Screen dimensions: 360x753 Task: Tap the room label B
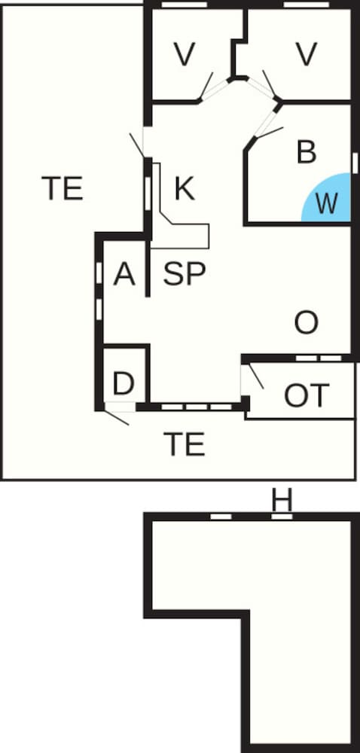pos(307,152)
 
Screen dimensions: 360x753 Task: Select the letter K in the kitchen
pos(185,189)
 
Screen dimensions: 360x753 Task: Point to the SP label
pos(185,274)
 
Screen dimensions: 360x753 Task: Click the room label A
pos(124,275)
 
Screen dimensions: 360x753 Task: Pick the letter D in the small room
pos(124,383)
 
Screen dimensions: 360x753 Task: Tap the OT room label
pos(307,395)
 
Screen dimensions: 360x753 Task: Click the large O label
pos(307,323)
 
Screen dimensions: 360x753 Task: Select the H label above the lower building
pos(282,501)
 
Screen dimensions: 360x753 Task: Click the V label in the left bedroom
pos(185,54)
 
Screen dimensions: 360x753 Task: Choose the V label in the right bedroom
pos(307,54)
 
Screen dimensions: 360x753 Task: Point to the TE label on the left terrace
pos(63,188)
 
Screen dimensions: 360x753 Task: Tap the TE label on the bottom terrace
pos(185,444)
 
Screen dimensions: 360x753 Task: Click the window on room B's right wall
pos(355,163)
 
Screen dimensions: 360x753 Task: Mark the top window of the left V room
pos(185,5)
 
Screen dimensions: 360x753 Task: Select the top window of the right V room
pos(307,5)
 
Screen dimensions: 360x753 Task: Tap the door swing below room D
pos(117,417)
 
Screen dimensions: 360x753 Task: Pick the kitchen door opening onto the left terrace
pos(137,145)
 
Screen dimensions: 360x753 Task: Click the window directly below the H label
pos(282,517)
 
